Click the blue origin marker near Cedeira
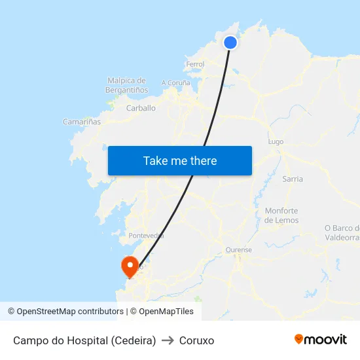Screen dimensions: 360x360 [230, 43]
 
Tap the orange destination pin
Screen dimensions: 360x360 [130, 266]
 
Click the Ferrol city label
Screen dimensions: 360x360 [195, 64]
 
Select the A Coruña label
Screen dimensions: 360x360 [175, 83]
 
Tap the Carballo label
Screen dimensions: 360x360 [141, 108]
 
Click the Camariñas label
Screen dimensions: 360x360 [82, 122]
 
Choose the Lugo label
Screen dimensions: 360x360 [276, 141]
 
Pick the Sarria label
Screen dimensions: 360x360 [293, 179]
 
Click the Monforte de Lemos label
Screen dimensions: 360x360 [281, 215]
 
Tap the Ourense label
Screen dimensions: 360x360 [238, 250]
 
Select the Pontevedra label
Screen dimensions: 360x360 [147, 236]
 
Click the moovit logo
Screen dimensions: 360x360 [321, 340]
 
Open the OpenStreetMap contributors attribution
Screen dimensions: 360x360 [65, 312]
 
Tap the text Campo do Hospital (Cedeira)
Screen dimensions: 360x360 [84, 340]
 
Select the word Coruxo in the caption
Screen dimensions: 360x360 [196, 340]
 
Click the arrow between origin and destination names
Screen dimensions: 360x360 [167, 340]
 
